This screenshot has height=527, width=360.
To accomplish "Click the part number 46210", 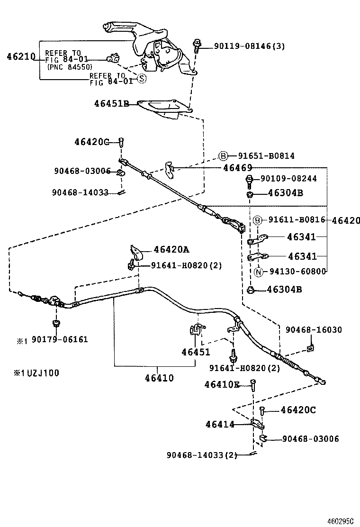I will click(x=21, y=56).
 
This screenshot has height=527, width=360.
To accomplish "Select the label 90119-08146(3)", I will click(x=249, y=46).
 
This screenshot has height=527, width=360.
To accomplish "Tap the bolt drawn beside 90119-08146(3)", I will click(x=197, y=45).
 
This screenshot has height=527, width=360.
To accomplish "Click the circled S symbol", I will click(x=141, y=79).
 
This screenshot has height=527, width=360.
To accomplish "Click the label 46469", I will click(x=237, y=168).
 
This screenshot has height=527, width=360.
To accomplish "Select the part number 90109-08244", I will click(x=288, y=179).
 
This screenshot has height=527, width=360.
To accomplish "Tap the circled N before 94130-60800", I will click(x=259, y=272).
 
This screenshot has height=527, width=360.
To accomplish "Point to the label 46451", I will click(x=196, y=352).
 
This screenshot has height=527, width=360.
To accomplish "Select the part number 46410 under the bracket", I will click(x=160, y=378).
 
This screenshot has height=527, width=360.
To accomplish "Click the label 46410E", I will click(x=222, y=384).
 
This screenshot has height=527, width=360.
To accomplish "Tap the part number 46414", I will click(x=220, y=425).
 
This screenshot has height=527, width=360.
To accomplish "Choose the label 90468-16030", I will click(x=313, y=329).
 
